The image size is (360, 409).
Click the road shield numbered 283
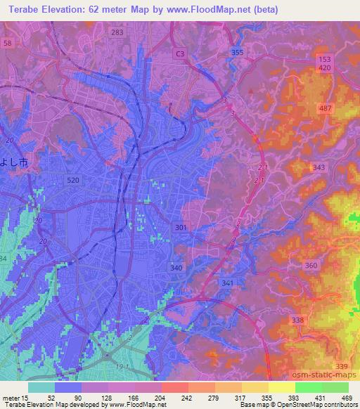117,32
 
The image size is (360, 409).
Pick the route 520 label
72,180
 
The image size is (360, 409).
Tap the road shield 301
181,227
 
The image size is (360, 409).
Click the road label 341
226,283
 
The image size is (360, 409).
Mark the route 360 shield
311,265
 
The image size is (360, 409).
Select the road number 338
298,320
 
